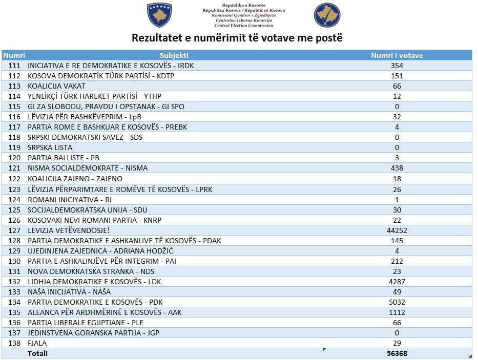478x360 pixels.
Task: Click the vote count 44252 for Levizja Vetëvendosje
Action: pyautogui.click(x=397, y=230)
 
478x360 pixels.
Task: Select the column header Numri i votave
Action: pyautogui.click(x=397, y=55)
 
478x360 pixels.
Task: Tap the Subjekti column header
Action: pyautogui.click(x=174, y=55)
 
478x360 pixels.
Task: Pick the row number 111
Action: pyautogui.click(x=14, y=66)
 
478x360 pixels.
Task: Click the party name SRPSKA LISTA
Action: pyautogui.click(x=50, y=148)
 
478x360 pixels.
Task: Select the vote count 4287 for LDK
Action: pyautogui.click(x=397, y=282)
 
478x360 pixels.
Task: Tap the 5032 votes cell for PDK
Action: pyautogui.click(x=397, y=302)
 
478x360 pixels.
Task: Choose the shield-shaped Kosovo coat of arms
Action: pyautogui.click(x=159, y=15)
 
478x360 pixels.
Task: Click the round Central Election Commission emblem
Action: pyautogui.click(x=327, y=15)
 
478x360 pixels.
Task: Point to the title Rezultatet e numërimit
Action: pyautogui.click(x=237, y=38)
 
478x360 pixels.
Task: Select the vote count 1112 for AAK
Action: pyautogui.click(x=397, y=312)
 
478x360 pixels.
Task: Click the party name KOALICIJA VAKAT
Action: pyautogui.click(x=56, y=86)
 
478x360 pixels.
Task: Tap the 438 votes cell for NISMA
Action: pyautogui.click(x=397, y=168)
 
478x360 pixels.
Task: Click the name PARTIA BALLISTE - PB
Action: pyautogui.click(x=63, y=158)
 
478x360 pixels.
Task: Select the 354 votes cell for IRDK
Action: pyautogui.click(x=397, y=66)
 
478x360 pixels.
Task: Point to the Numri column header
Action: pyautogui.click(x=14, y=55)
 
